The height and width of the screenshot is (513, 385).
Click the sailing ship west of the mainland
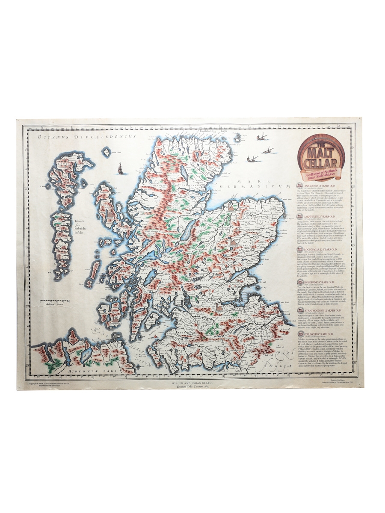(120, 168)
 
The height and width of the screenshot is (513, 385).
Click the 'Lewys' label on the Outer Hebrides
(60, 164)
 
